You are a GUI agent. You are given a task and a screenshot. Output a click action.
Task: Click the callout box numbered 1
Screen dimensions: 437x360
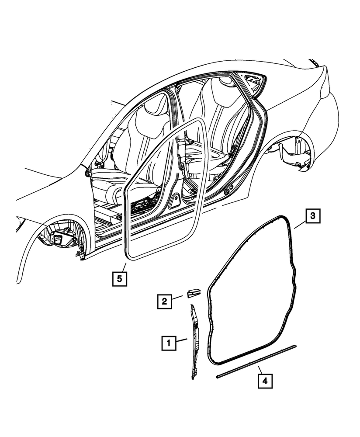[x=169, y=343]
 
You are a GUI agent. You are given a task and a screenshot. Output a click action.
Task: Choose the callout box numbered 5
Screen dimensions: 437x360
[x=120, y=278]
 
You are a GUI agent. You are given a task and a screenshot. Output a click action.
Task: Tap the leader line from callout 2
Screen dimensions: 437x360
[x=179, y=298]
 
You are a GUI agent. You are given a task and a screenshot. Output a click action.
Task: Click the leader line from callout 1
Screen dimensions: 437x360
[x=182, y=340]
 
